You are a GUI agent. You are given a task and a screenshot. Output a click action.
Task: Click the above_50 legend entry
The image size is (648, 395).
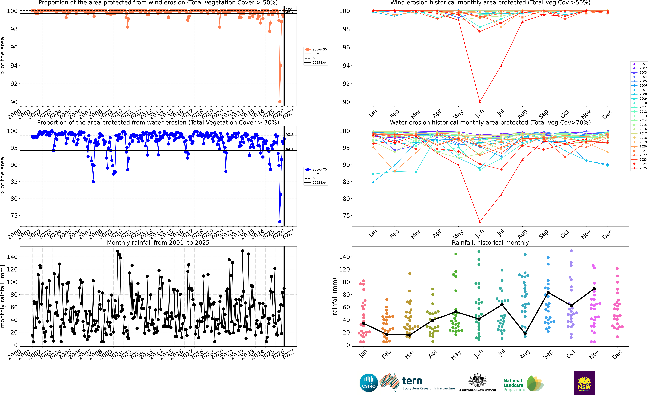tap(316, 50)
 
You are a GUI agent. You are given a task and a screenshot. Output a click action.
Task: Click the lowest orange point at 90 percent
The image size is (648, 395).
tap(280, 102)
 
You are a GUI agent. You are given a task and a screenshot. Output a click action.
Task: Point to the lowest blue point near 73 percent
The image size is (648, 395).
tap(280, 222)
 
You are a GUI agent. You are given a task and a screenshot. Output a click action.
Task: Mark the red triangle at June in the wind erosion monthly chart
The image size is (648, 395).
tap(480, 102)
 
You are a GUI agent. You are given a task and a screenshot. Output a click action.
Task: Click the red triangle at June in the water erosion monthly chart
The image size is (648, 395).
tap(480, 222)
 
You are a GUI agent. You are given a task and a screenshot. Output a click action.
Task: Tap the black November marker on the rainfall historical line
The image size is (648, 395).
tap(594, 289)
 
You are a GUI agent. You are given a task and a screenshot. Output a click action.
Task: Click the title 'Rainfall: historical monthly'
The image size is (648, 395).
tap(490, 243)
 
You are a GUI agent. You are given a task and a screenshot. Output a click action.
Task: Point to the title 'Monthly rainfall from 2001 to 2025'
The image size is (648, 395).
tap(158, 243)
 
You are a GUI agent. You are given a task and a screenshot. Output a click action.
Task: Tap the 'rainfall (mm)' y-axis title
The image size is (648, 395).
tap(335, 296)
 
